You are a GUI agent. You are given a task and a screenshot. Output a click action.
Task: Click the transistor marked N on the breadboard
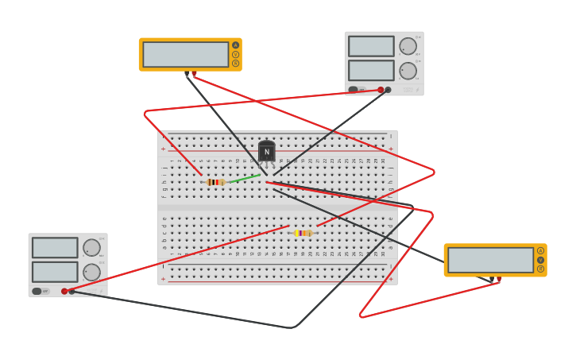(266, 151)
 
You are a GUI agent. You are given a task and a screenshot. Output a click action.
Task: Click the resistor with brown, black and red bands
(215, 182)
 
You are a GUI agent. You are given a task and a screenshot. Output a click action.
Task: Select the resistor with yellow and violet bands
(302, 233)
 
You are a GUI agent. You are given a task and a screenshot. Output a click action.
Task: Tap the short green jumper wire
(244, 178)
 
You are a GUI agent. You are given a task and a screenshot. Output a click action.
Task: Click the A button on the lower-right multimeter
(541, 251)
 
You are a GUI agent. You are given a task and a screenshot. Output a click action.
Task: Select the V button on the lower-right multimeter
(541, 260)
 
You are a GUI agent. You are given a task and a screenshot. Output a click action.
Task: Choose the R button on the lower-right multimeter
(541, 269)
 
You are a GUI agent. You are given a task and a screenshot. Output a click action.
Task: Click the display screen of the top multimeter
(186, 54)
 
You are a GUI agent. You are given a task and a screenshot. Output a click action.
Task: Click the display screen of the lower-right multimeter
(490, 260)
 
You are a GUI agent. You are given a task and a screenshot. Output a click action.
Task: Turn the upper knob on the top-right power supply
(408, 46)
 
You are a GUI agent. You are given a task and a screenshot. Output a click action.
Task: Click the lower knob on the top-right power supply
(408, 71)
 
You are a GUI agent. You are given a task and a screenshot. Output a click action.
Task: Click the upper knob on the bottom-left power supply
(91, 248)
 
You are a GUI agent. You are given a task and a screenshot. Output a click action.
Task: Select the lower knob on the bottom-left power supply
(91, 273)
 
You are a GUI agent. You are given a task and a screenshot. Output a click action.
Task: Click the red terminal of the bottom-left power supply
(64, 291)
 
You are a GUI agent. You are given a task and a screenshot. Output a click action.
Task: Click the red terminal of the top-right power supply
(381, 90)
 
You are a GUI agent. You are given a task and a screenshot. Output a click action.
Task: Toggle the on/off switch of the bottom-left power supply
(37, 291)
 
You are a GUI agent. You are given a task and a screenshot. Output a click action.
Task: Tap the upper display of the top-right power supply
(371, 46)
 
